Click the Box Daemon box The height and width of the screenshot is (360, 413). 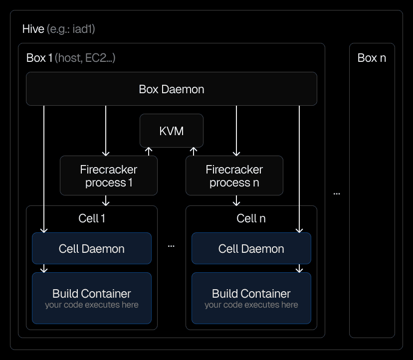click(171, 89)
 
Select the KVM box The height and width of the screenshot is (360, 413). click(171, 131)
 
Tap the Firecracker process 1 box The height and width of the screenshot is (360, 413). click(108, 176)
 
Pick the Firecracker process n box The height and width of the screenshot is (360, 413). click(234, 176)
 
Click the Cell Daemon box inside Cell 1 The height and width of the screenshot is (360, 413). click(91, 248)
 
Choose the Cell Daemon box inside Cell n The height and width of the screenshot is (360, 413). click(251, 248)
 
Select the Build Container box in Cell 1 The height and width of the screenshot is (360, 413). click(91, 298)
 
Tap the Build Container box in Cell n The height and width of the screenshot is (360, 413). click(251, 298)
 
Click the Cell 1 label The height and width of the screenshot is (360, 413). click(92, 218)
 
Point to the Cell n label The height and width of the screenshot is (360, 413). click(251, 218)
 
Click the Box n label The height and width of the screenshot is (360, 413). click(372, 58)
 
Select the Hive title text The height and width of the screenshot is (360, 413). click(33, 29)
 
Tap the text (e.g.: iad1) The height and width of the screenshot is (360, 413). click(71, 29)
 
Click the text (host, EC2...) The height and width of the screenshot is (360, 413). click(85, 58)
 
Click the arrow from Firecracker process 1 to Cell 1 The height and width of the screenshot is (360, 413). click(106, 200)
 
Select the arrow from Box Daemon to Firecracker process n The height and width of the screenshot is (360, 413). click(237, 130)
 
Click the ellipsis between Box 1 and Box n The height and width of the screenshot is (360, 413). click(337, 193)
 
